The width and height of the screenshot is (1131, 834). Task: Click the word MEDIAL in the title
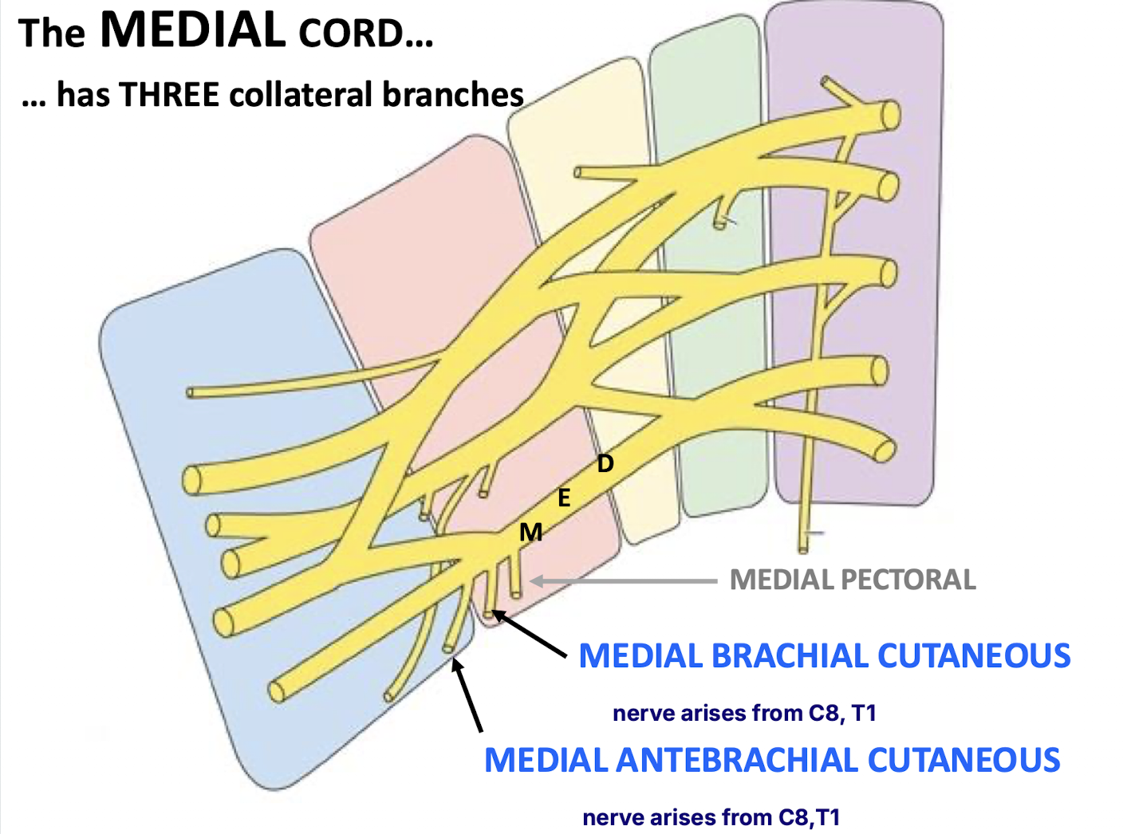(193, 30)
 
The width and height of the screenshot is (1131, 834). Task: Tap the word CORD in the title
(352, 34)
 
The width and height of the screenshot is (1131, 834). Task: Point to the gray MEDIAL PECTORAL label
(853, 580)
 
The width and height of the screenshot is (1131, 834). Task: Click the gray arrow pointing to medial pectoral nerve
(624, 581)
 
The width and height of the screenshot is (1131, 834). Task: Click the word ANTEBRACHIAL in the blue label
(737, 760)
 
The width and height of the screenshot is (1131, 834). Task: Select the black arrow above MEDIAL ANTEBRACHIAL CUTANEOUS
(467, 694)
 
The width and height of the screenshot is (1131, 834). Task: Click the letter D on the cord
(605, 463)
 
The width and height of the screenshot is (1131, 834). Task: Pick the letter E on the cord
(564, 498)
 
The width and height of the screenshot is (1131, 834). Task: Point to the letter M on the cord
(530, 532)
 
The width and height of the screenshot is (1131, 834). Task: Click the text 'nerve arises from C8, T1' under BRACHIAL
(744, 714)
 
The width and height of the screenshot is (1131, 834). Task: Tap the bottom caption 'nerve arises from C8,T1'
(711, 817)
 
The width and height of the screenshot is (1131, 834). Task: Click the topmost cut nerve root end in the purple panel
(892, 115)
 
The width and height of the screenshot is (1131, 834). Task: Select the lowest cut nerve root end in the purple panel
(884, 450)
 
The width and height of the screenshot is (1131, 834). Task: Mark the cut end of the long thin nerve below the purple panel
(803, 549)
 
